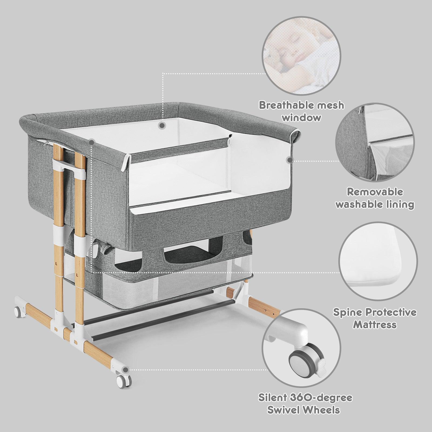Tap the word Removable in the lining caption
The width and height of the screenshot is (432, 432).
[x=375, y=192]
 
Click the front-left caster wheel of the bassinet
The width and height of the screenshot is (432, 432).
[x=124, y=380]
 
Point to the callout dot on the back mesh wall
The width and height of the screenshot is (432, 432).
[x=162, y=125]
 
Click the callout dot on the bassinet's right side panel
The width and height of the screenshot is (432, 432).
[x=290, y=160]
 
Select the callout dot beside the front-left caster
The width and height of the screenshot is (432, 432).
[x=125, y=370]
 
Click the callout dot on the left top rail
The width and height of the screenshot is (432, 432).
[x=92, y=142]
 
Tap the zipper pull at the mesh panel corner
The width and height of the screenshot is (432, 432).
[x=230, y=137]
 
